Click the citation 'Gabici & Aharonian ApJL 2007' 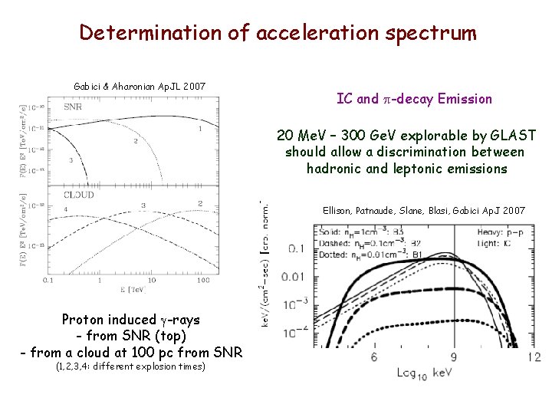point(139,85)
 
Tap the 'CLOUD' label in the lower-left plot point(78,195)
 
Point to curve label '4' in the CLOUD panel point(67,209)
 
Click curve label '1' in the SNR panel point(200,130)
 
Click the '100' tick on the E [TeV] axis point(203,281)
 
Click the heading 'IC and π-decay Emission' point(414,99)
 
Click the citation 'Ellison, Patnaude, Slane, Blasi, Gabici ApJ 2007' point(424,209)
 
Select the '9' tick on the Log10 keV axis point(454,356)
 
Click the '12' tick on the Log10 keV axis point(534,356)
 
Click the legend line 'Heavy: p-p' point(497,229)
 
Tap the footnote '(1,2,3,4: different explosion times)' point(131,366)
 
